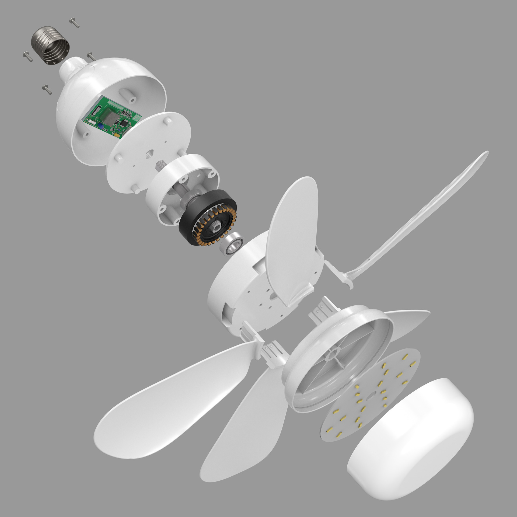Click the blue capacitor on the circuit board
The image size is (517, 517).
click(x=101, y=125)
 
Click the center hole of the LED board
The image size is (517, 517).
click(x=372, y=395)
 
